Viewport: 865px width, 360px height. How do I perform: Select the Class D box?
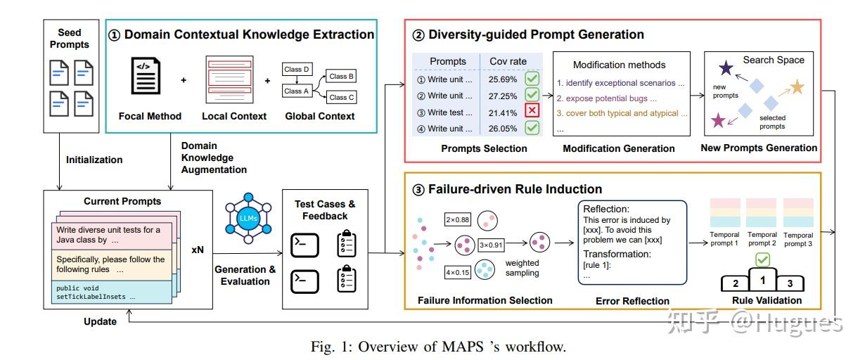(x=297, y=70)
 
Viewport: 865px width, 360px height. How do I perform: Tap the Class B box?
(x=342, y=76)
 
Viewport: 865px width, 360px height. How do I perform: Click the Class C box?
(x=342, y=97)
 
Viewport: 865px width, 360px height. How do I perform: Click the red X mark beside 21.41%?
(x=532, y=111)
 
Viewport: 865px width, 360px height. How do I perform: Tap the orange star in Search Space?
(x=796, y=87)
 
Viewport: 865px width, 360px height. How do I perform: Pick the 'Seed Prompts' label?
(x=69, y=38)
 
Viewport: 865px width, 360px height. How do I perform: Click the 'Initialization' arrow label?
(x=94, y=160)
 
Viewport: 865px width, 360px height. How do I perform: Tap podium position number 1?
(x=763, y=281)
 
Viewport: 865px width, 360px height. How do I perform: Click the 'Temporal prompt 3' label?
(x=797, y=239)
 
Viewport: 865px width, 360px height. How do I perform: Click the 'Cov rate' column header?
(x=508, y=61)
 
